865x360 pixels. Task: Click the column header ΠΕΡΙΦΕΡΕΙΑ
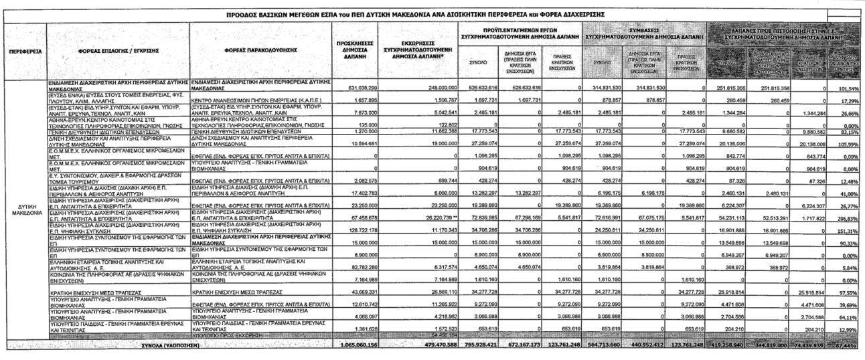click(x=23, y=52)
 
